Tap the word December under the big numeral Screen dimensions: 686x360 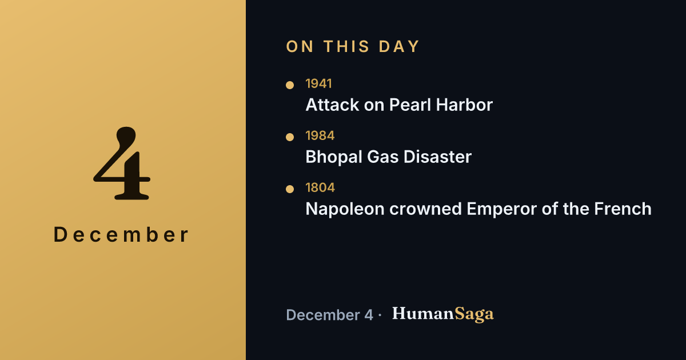pyautogui.click(x=121, y=235)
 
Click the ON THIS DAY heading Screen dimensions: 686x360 pyautogui.click(x=353, y=46)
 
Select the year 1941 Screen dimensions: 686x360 pyautogui.click(x=318, y=83)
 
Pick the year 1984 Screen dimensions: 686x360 pyautogui.click(x=320, y=135)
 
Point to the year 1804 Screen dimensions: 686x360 pyautogui.click(x=320, y=187)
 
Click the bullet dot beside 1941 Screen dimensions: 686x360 pyautogui.click(x=290, y=85)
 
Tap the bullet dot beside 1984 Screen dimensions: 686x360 pyautogui.click(x=290, y=137)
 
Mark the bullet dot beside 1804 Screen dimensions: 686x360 pyautogui.click(x=290, y=189)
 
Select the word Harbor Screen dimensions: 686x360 pyautogui.click(x=464, y=105)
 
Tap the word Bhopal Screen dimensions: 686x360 pyautogui.click(x=334, y=157)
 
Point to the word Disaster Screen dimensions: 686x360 pyautogui.click(x=437, y=157)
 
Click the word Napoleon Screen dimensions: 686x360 pyautogui.click(x=345, y=209)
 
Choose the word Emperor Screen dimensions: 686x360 pyautogui.click(x=502, y=209)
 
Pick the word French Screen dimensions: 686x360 pyautogui.click(x=623, y=209)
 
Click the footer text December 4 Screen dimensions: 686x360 pyautogui.click(x=329, y=315)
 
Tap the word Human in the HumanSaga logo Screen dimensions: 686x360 pyautogui.click(x=423, y=314)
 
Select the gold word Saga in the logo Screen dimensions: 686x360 pyautogui.click(x=474, y=314)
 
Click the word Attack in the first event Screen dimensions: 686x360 pyautogui.click(x=332, y=105)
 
